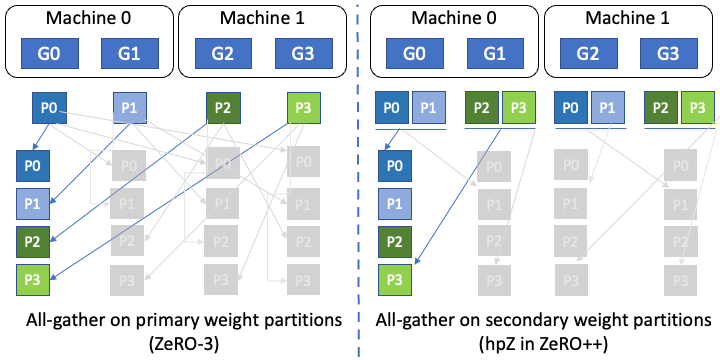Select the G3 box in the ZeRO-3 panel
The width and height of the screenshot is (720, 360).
305,53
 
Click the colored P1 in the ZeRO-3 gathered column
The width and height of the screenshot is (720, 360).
34,203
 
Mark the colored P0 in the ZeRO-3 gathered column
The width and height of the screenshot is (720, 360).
34,165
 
